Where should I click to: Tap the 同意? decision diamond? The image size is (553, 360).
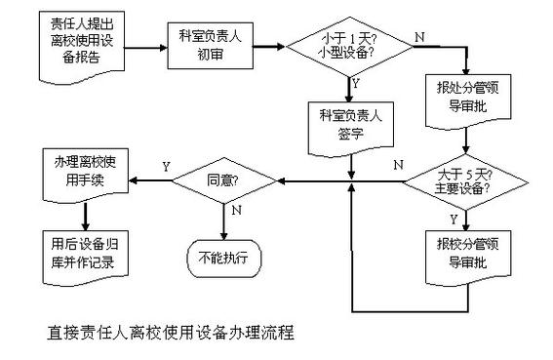[225, 180]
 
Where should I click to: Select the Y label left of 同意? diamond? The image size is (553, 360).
[166, 167]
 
